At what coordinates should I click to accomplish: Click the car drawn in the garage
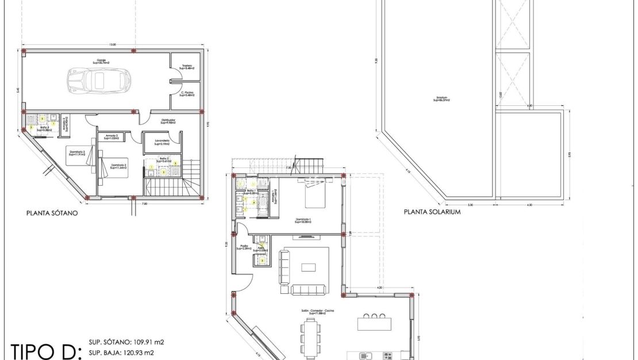99,81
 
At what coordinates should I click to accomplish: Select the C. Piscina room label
186,93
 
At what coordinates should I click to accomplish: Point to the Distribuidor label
168,121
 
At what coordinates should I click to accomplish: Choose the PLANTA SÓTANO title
52,213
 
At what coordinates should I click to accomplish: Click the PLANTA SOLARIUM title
432,212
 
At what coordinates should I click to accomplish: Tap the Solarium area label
441,99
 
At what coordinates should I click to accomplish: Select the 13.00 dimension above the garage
113,44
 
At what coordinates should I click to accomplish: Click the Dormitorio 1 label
303,221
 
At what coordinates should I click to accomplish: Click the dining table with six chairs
311,336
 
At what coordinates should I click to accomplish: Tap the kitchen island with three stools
374,323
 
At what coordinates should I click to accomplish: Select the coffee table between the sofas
309,267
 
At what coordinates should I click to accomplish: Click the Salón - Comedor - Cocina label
317,311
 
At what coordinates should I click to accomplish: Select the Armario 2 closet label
111,137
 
